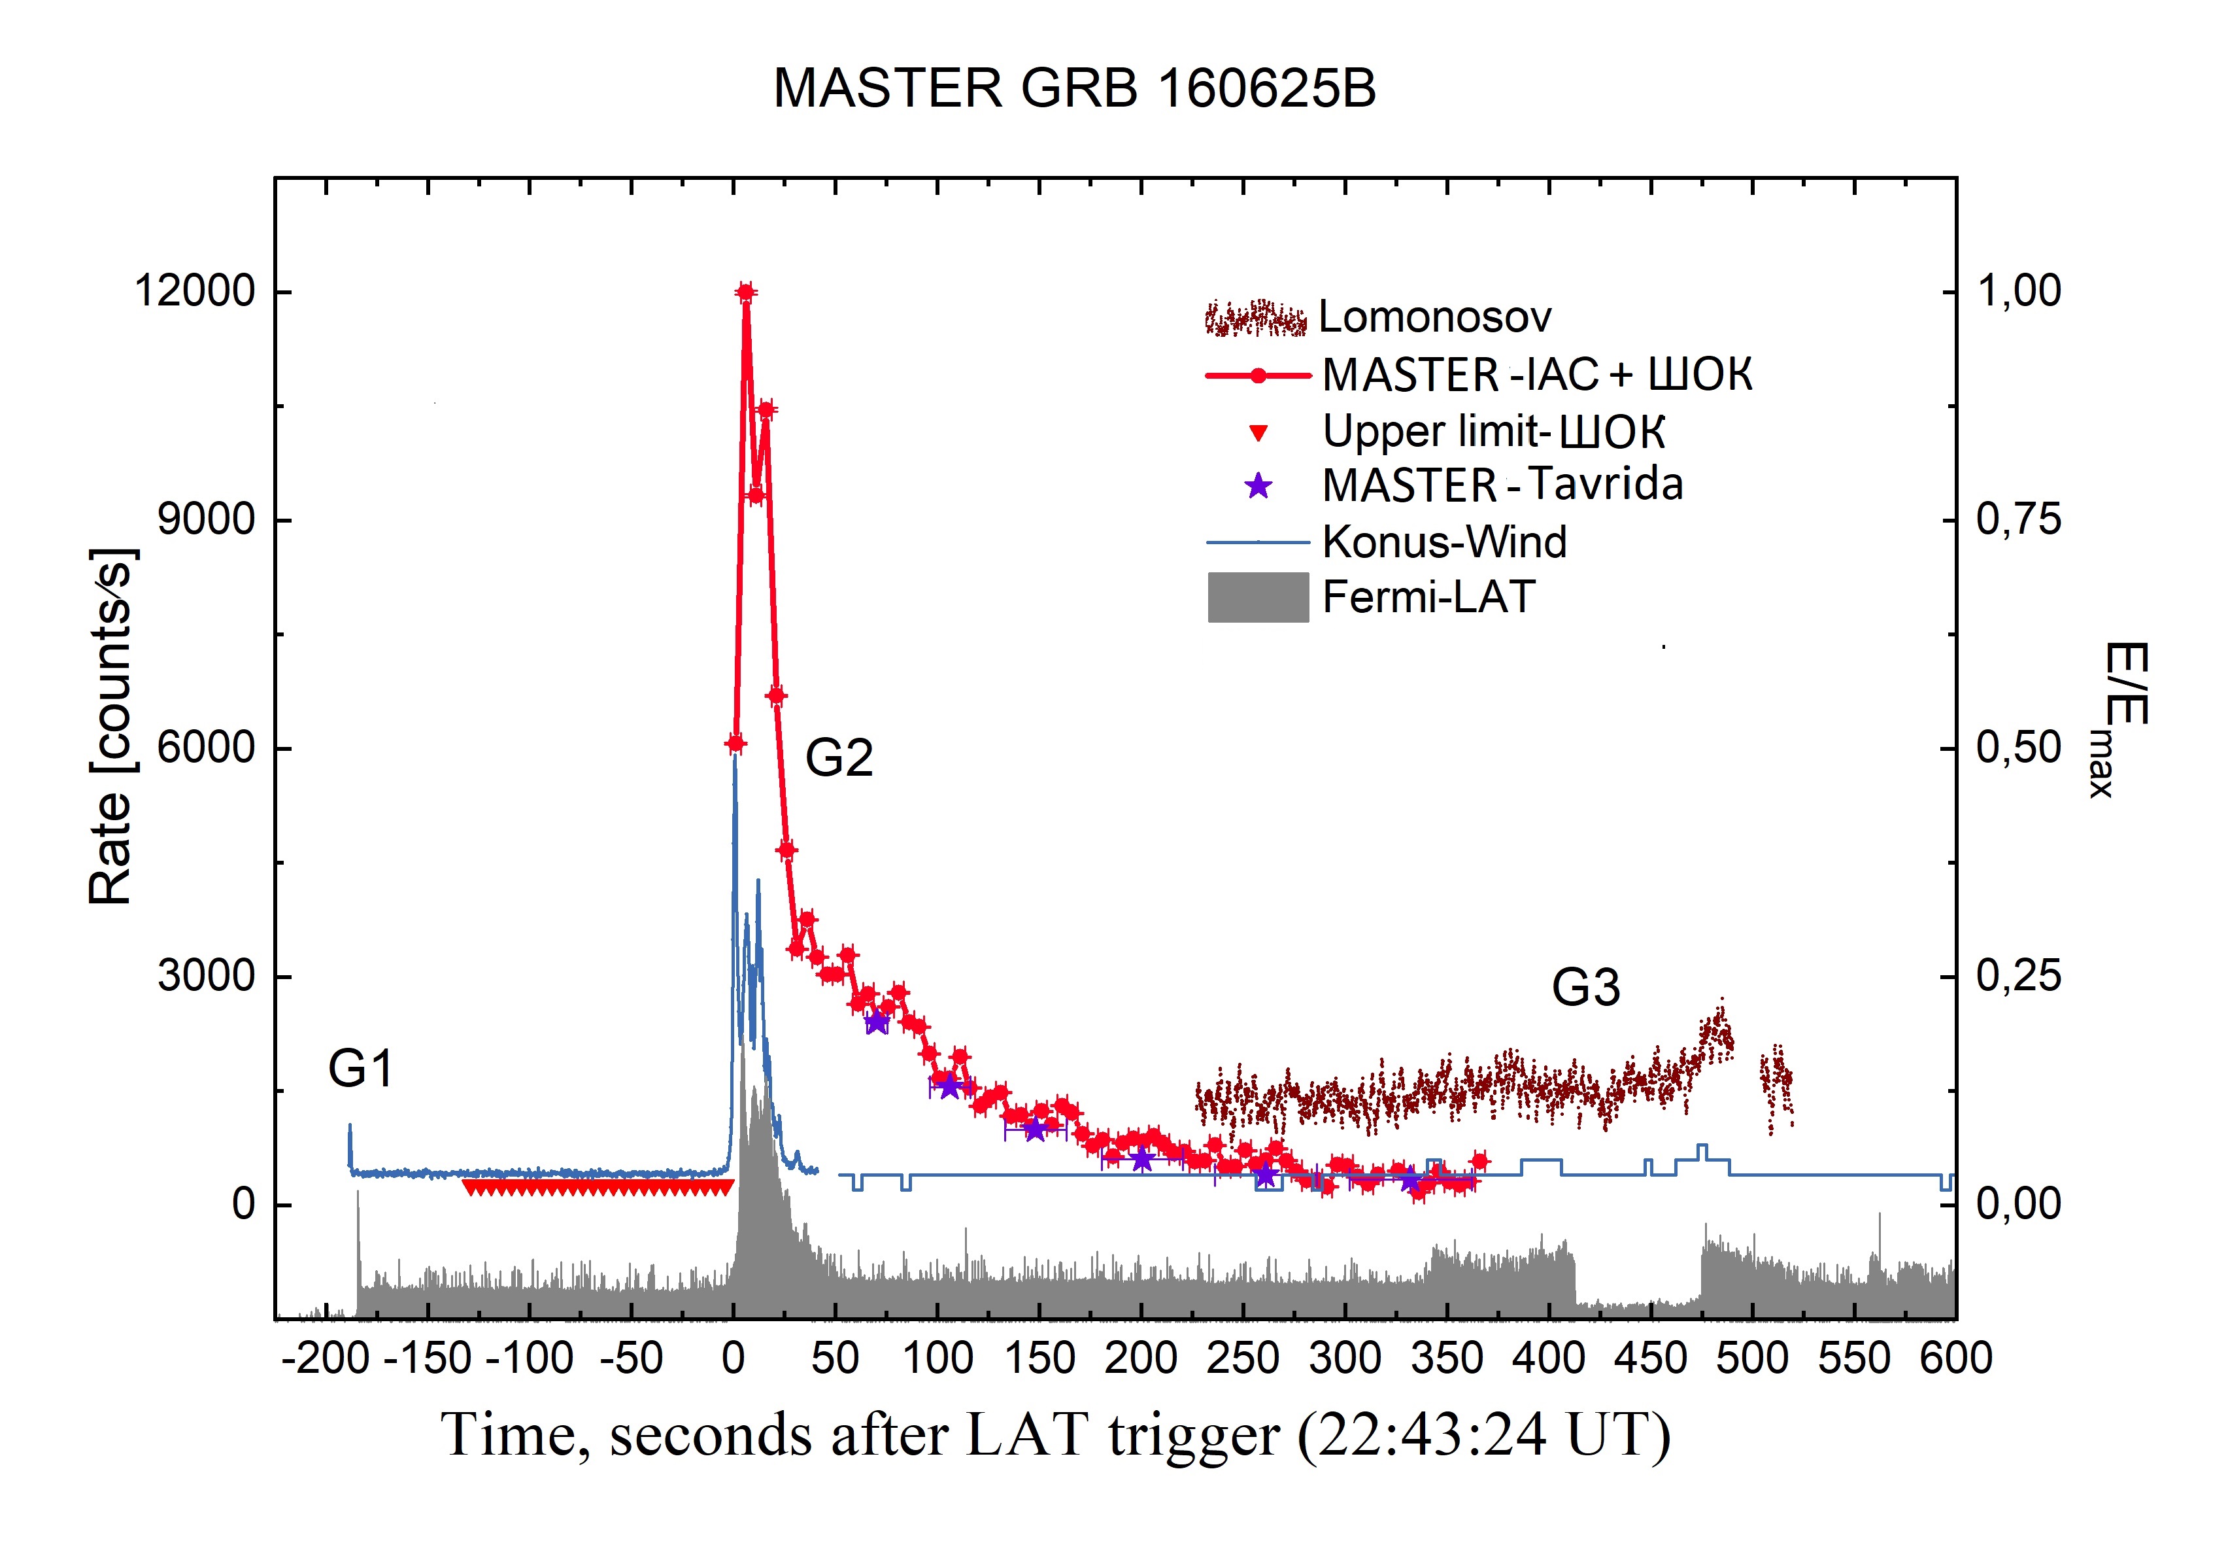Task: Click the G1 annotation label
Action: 360,1069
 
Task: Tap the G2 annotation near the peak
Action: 838,757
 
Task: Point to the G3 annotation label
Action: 1585,988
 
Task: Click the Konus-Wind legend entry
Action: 1444,542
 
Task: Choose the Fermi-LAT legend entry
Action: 1427,596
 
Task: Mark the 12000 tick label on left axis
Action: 194,290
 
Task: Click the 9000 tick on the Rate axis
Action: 206,519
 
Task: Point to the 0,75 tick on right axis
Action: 2018,519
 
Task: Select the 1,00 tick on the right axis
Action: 2018,290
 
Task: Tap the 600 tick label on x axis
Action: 1954,1358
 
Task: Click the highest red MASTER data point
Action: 745,291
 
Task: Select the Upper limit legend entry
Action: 1493,431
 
